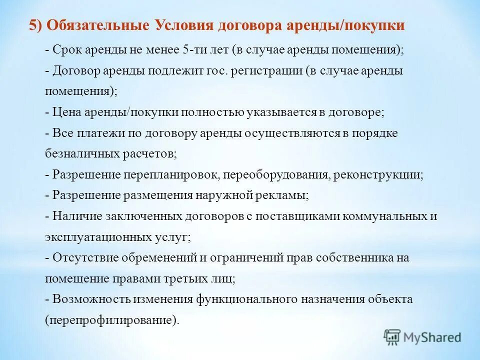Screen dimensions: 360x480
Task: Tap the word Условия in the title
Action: coord(180,25)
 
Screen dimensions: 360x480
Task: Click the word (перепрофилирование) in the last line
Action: coord(111,320)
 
